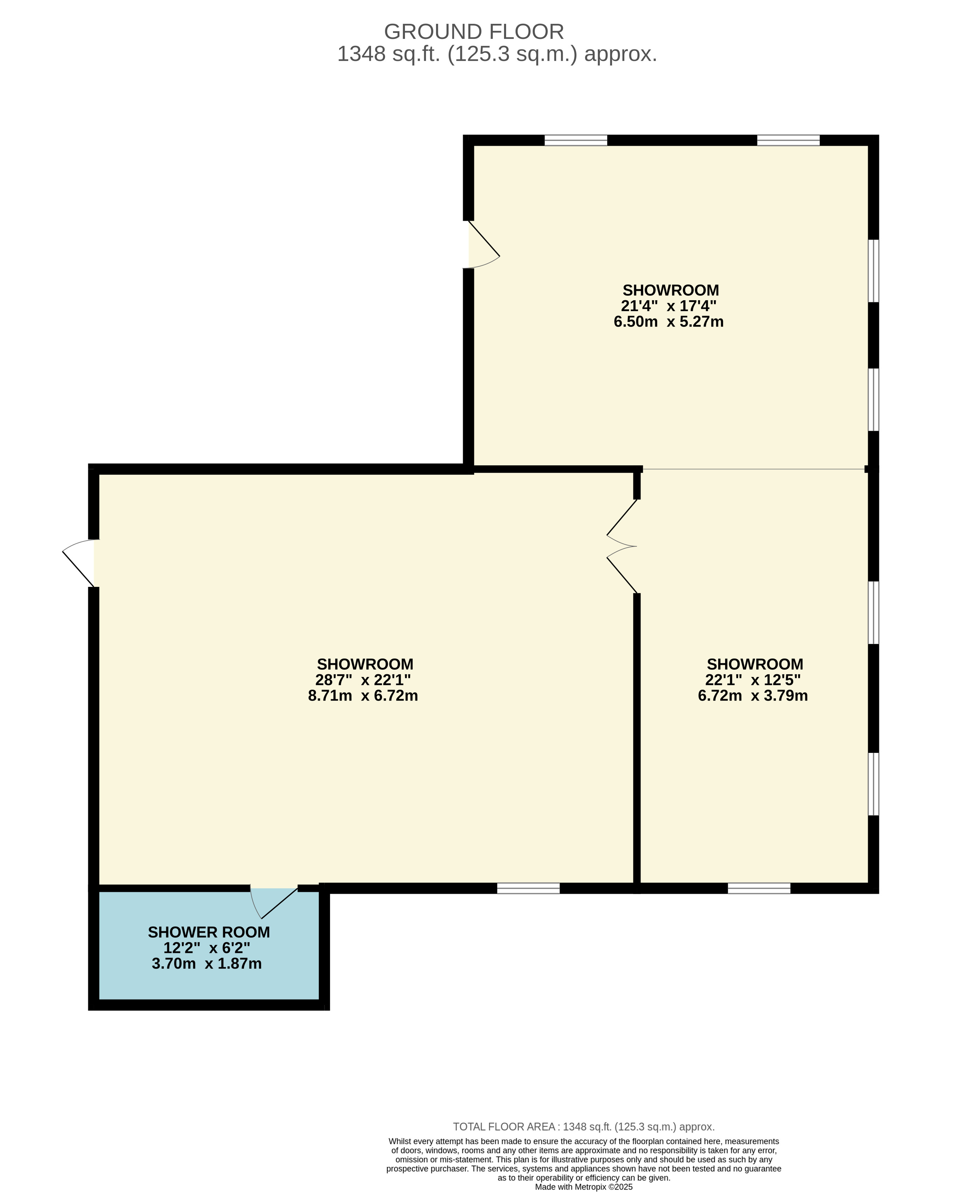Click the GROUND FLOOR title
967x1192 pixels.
point(474,32)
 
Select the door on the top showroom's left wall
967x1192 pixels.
point(484,245)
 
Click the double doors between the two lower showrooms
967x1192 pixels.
point(622,546)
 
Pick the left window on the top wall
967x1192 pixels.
point(575,140)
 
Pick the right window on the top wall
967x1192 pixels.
point(788,140)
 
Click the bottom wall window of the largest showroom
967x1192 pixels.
point(528,888)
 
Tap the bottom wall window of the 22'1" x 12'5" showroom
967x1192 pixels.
point(759,888)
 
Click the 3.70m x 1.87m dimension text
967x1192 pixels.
point(206,964)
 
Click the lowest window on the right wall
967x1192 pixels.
point(874,784)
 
